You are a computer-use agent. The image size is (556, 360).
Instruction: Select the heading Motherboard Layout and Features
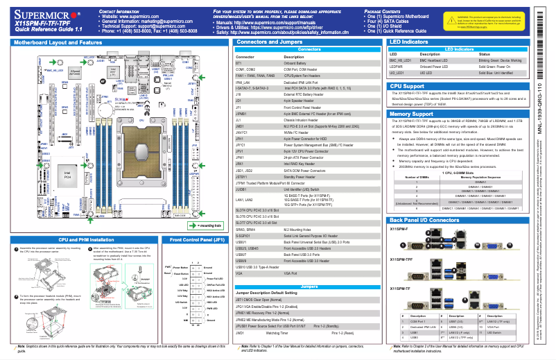click(54, 42)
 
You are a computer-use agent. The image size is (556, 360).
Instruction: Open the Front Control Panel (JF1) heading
click(196, 239)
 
